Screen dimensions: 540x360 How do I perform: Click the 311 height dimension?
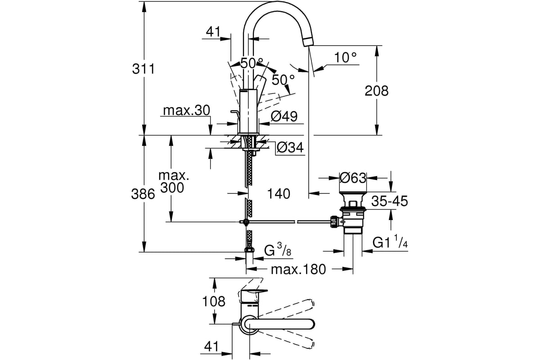[x=143, y=69]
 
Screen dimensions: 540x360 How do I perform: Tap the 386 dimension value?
[x=143, y=194]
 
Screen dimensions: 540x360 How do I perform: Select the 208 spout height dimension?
[x=377, y=91]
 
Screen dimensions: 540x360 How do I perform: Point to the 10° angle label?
[x=345, y=58]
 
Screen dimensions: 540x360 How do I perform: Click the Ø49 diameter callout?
[x=284, y=117]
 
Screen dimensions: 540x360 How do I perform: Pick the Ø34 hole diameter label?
[x=290, y=147]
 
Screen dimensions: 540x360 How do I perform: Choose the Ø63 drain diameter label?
[x=353, y=178]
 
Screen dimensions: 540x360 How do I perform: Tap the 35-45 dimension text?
[x=390, y=201]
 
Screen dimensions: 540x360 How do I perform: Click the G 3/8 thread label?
[x=278, y=250]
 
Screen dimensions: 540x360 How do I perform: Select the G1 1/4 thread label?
[x=390, y=242]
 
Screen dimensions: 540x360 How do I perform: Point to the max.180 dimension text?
[x=298, y=270]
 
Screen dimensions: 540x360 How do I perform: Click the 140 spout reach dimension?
[x=279, y=193]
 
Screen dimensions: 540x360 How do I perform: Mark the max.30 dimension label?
[x=187, y=110]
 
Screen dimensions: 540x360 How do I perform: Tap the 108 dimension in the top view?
[x=214, y=301]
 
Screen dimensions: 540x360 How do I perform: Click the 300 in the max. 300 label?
[x=172, y=187]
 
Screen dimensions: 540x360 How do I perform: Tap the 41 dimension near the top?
[x=213, y=32]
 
